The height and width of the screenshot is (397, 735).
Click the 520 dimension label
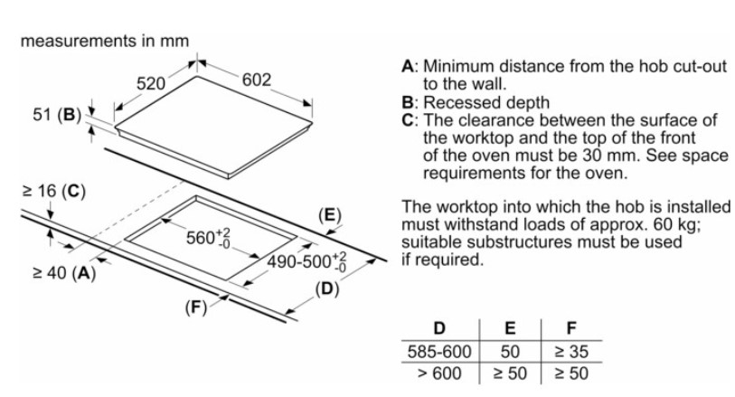(150, 83)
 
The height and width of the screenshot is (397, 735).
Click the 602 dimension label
(257, 80)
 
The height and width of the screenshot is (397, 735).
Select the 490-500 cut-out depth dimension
(307, 262)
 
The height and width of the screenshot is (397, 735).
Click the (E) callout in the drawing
(331, 214)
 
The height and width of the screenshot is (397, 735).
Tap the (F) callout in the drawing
(196, 307)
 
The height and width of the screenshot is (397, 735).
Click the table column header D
(440, 326)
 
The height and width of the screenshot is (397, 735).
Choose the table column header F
(570, 326)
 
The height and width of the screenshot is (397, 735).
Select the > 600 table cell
(439, 373)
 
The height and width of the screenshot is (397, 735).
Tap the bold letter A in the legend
(408, 66)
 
